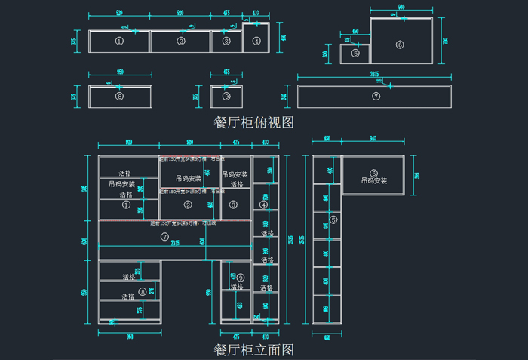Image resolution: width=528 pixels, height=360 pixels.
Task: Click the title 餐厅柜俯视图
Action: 254,121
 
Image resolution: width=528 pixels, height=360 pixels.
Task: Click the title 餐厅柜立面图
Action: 254,349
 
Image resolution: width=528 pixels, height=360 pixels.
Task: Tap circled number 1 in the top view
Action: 119,42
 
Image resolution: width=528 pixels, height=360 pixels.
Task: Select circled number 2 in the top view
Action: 181,42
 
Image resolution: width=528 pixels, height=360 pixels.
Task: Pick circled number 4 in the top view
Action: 256,42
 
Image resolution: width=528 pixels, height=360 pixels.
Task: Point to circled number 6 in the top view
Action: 400,45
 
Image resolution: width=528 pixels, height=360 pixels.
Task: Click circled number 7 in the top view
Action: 376,97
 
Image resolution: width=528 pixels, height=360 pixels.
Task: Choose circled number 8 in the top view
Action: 119,97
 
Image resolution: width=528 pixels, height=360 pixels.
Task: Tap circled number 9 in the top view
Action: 226,97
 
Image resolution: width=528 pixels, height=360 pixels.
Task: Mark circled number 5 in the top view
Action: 356,53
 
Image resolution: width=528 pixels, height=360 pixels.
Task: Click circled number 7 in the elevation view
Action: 165,237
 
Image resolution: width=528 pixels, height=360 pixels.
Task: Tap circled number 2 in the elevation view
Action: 189,204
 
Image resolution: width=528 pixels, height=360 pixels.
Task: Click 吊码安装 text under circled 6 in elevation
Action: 373,181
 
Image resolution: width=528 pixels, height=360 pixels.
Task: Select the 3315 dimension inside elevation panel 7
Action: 175,243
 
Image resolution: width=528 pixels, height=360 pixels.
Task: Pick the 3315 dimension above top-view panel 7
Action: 374,75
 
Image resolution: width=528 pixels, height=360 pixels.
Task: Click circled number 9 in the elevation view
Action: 241,278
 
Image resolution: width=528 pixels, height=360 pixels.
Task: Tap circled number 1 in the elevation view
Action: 126,204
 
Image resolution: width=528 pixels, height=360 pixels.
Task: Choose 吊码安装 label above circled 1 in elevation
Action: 121,184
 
